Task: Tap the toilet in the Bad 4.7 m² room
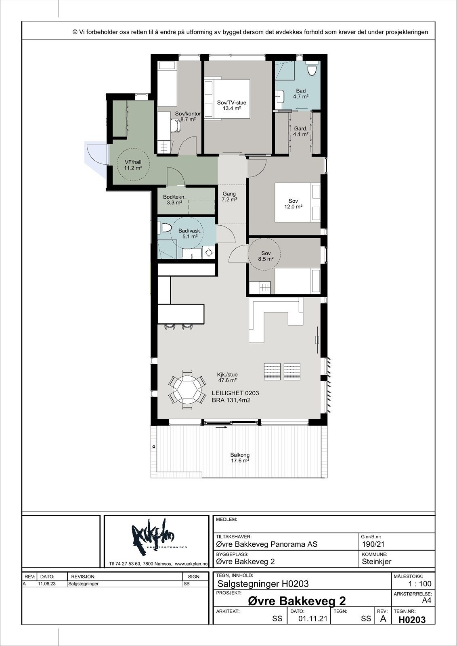click(312, 69)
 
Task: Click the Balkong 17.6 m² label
click(239, 458)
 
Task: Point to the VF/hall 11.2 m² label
click(133, 165)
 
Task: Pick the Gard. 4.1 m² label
click(301, 132)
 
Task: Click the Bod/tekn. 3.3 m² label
click(174, 199)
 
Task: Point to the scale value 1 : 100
click(420, 584)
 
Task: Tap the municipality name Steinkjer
click(377, 562)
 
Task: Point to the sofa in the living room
click(276, 319)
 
